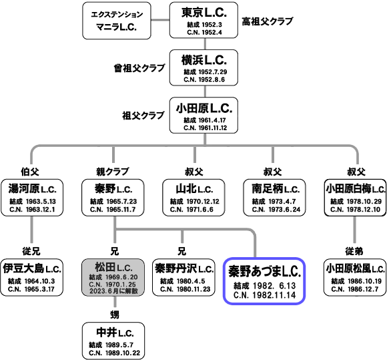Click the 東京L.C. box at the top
click(x=204, y=20)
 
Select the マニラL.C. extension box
click(x=117, y=21)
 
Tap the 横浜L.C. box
click(x=204, y=67)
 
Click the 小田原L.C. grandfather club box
click(x=204, y=115)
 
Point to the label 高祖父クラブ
click(x=268, y=21)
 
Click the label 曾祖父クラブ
click(x=139, y=68)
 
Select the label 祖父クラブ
click(x=143, y=116)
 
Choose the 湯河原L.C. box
click(x=32, y=198)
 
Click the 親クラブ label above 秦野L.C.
click(x=113, y=172)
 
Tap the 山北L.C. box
click(x=193, y=198)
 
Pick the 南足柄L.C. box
click(x=274, y=198)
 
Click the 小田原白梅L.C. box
click(x=356, y=198)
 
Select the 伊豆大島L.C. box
click(x=32, y=277)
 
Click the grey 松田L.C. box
click(x=113, y=277)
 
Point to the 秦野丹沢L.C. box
click(x=183, y=277)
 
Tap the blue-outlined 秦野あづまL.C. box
click(x=264, y=281)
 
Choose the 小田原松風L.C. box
click(x=355, y=277)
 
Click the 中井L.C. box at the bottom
click(x=113, y=341)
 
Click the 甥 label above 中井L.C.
click(x=115, y=315)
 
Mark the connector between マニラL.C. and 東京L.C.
click(x=160, y=20)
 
